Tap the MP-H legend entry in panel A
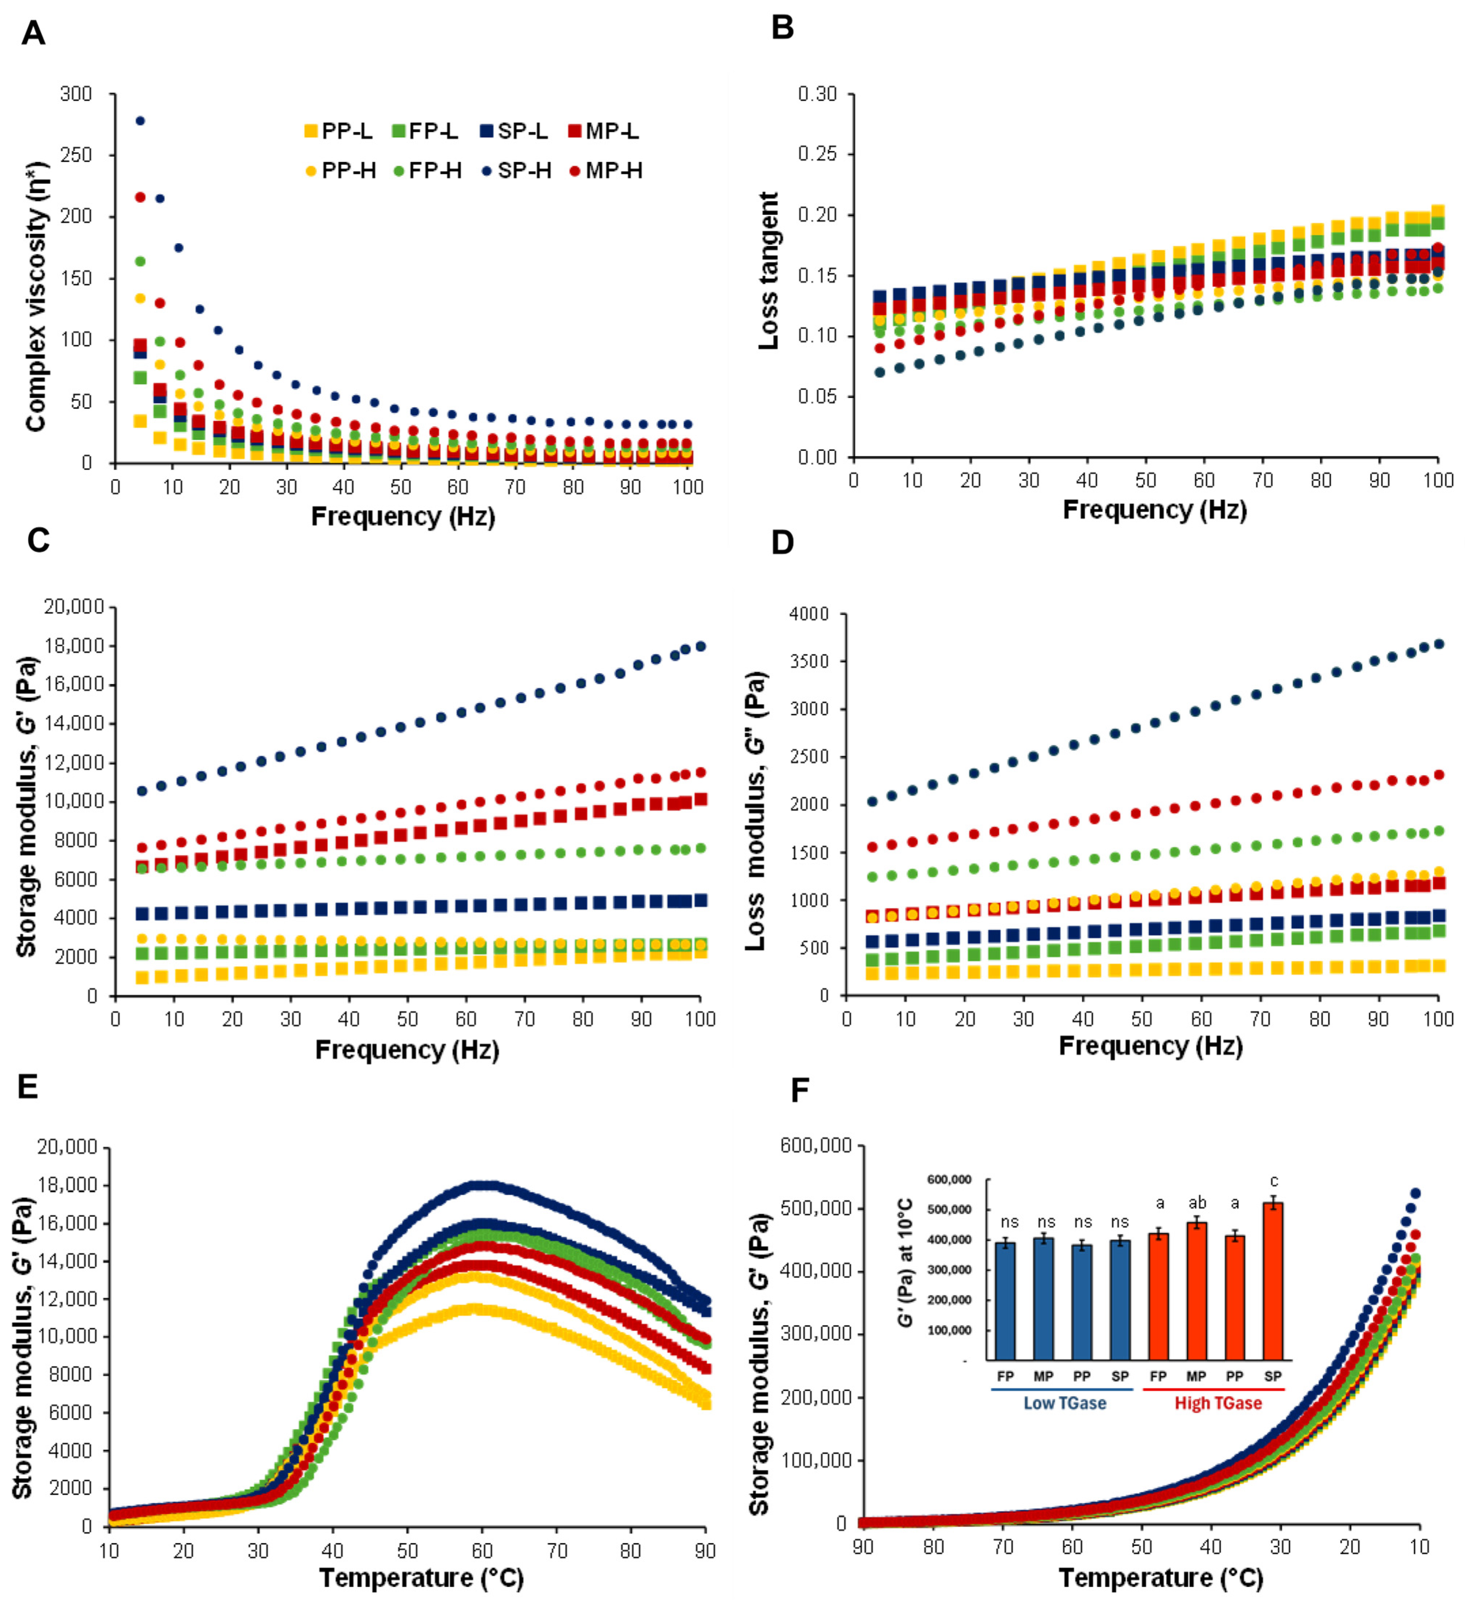click(606, 171)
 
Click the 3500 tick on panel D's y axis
click(809, 661)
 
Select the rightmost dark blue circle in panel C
click(700, 647)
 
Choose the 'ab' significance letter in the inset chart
click(1197, 1204)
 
